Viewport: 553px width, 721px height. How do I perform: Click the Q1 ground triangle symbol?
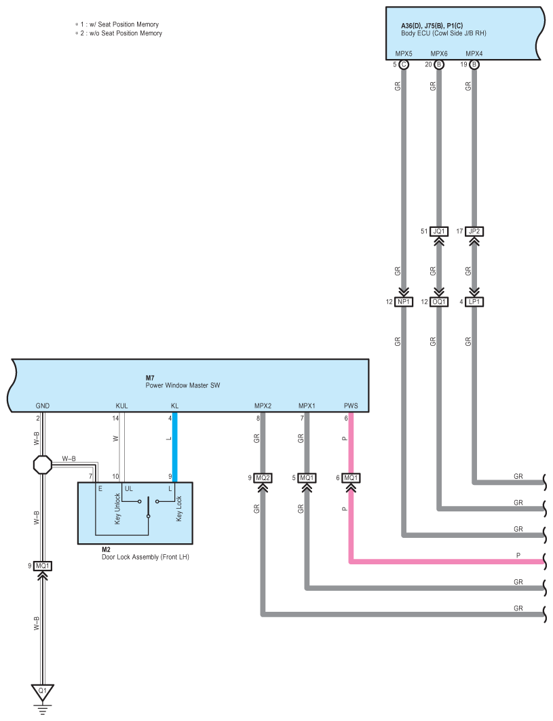tap(42, 692)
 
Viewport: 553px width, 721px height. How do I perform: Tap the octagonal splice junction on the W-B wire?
tap(43, 465)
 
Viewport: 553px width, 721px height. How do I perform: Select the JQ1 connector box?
tap(439, 231)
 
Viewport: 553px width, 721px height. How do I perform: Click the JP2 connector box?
tap(474, 231)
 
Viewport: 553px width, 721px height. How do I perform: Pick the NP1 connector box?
tap(404, 302)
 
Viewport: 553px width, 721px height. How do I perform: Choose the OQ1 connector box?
tap(439, 302)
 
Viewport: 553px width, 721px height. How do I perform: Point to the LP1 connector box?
tap(474, 302)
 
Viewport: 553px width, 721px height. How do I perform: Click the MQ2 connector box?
tap(263, 478)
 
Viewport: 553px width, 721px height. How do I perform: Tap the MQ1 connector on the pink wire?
tap(351, 478)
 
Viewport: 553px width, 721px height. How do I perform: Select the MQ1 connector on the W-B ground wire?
tap(42, 566)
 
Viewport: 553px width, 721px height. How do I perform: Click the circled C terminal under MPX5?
tap(404, 64)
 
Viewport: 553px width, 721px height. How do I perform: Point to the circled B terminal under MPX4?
tap(474, 64)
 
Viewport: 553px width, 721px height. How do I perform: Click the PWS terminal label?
tap(351, 406)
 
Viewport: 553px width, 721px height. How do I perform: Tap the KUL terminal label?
tap(121, 406)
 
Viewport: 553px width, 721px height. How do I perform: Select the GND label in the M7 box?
tap(42, 406)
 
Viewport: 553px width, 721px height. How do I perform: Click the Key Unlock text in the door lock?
tap(117, 509)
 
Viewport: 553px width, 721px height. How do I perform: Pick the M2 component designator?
tap(106, 549)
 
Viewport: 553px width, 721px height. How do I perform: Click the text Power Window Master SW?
tap(183, 385)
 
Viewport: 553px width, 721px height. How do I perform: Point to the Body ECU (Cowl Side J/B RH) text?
tap(444, 33)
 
